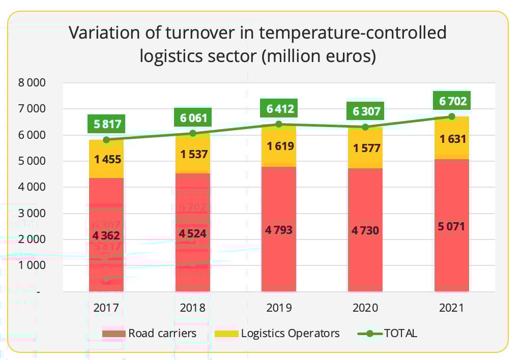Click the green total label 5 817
coord(106,124)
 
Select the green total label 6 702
coord(451,101)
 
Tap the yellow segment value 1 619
coord(278,146)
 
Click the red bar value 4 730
coord(365,230)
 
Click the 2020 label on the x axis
coord(365,308)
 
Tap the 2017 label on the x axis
coord(106,308)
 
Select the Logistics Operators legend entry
coord(277,334)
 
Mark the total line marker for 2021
coord(451,116)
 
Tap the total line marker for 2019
coord(278,124)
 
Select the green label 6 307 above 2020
coord(365,111)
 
